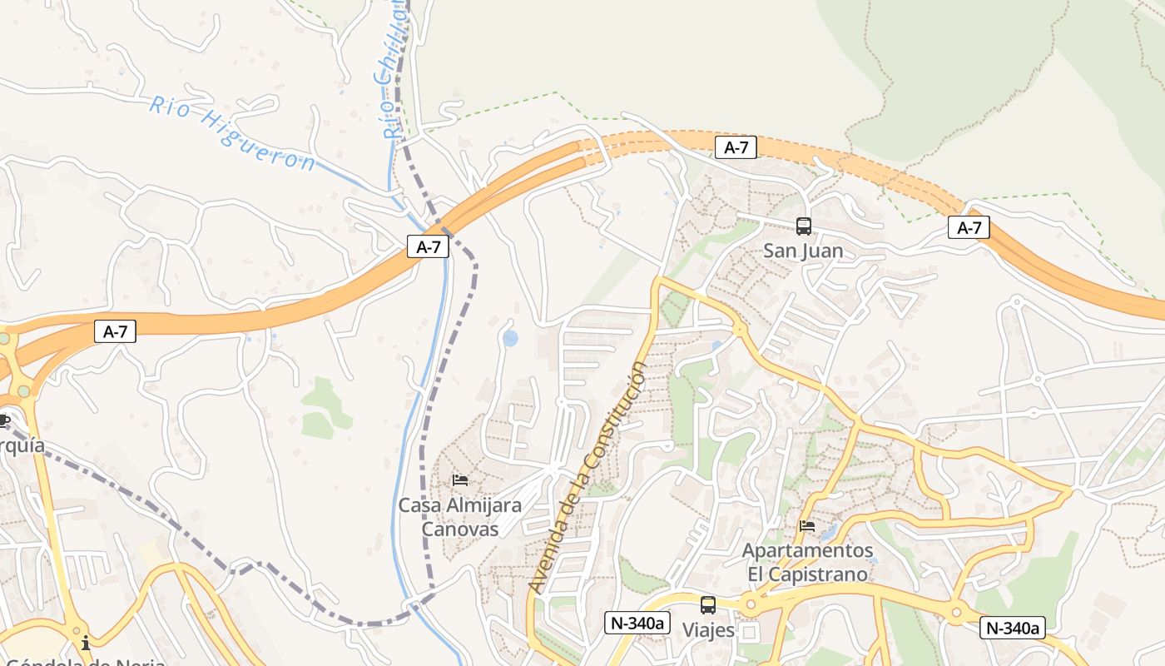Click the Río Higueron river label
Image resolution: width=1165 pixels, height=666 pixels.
[x=232, y=133]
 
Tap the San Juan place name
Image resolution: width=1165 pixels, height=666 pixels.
[x=803, y=251]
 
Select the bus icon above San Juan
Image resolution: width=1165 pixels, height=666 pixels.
[x=803, y=226]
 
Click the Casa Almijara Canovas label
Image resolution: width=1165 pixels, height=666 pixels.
[x=459, y=517]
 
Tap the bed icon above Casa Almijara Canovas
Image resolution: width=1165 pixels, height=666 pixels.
[x=459, y=480]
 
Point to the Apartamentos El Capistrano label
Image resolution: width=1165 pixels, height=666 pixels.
[x=807, y=563]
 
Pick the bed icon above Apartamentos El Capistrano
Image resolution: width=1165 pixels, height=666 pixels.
[x=806, y=526]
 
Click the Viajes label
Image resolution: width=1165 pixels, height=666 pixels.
[x=708, y=630]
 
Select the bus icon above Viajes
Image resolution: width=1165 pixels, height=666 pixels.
[x=708, y=605]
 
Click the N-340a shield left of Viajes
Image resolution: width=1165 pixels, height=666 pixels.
[x=637, y=623]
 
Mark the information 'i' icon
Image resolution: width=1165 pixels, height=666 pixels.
[x=85, y=644]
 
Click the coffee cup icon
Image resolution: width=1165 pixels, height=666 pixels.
[x=3, y=420]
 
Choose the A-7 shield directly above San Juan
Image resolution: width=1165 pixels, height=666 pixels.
[x=736, y=148]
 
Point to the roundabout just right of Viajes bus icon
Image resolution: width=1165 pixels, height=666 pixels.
[x=750, y=605]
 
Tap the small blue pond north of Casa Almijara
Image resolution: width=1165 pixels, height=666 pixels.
[x=510, y=338]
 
